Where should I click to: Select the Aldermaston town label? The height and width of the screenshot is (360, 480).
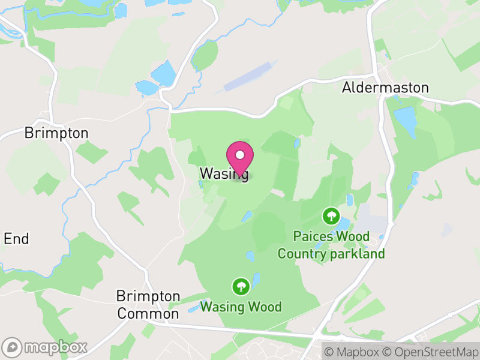click(x=385, y=88)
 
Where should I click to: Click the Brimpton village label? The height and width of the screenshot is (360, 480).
click(x=56, y=133)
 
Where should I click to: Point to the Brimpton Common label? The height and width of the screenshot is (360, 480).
click(x=148, y=305)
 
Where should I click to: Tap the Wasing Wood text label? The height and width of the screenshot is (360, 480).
click(x=241, y=307)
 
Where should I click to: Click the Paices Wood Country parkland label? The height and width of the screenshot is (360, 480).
click(x=331, y=245)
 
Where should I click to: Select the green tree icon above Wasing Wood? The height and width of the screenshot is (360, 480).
click(x=241, y=286)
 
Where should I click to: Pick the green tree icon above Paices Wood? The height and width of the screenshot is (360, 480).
click(x=330, y=215)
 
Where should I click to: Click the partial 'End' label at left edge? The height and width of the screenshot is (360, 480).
click(x=16, y=239)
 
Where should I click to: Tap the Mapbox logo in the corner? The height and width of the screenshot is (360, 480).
click(x=45, y=347)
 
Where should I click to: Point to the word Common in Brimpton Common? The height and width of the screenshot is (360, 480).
click(x=148, y=313)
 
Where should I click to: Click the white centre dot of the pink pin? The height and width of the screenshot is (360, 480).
click(x=240, y=155)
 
